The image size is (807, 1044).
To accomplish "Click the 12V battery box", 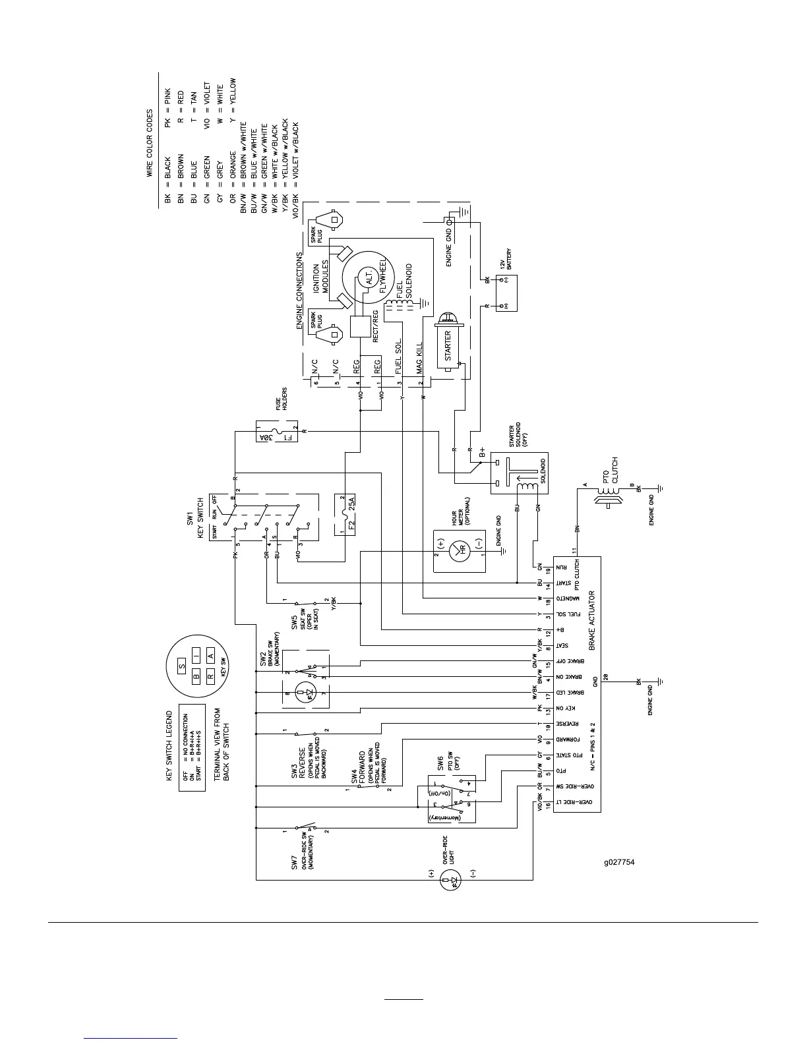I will [506, 293].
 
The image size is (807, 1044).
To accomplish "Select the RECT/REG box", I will [361, 326].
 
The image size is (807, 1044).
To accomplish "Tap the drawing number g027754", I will [619, 861].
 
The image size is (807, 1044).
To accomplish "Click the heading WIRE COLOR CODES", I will [150, 143].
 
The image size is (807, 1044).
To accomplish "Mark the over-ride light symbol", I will [452, 880].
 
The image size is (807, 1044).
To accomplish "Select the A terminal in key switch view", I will [211, 656].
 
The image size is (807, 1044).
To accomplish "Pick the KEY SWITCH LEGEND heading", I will [169, 745].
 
